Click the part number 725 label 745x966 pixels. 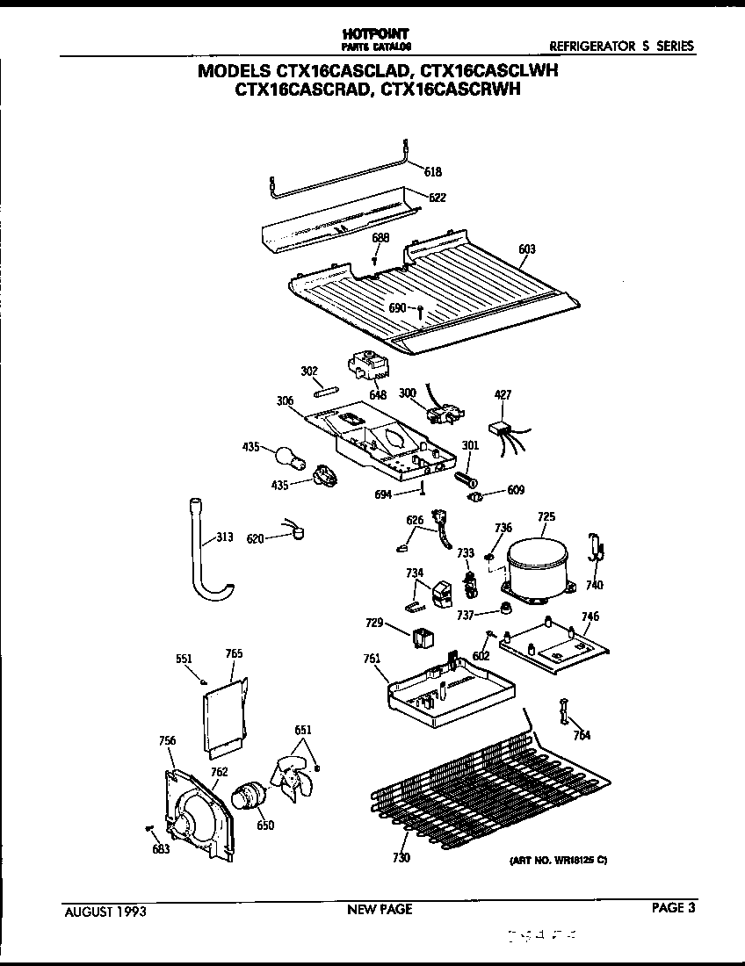click(546, 517)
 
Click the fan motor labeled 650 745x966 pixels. click(247, 797)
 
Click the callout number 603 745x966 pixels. click(526, 249)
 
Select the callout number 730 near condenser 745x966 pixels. click(401, 858)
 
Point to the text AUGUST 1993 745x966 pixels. click(105, 912)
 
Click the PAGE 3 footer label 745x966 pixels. click(673, 909)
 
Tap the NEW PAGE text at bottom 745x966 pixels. click(380, 910)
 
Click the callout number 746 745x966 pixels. click(589, 616)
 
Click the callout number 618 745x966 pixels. click(433, 172)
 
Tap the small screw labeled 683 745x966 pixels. click(149, 828)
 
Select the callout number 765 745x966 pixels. click(234, 653)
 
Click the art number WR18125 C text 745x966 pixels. click(558, 861)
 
